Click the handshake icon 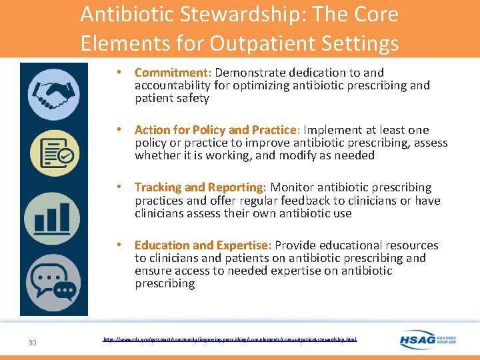pyautogui.click(x=54, y=95)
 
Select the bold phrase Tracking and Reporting pyautogui.click(x=200, y=188)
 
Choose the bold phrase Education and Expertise pyautogui.click(x=203, y=245)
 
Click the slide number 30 pyautogui.click(x=32, y=343)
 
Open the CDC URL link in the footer pyautogui.click(x=230, y=339)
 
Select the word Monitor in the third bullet pyautogui.click(x=291, y=188)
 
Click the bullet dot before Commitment pyautogui.click(x=118, y=72)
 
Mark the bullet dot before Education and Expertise pyautogui.click(x=118, y=245)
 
